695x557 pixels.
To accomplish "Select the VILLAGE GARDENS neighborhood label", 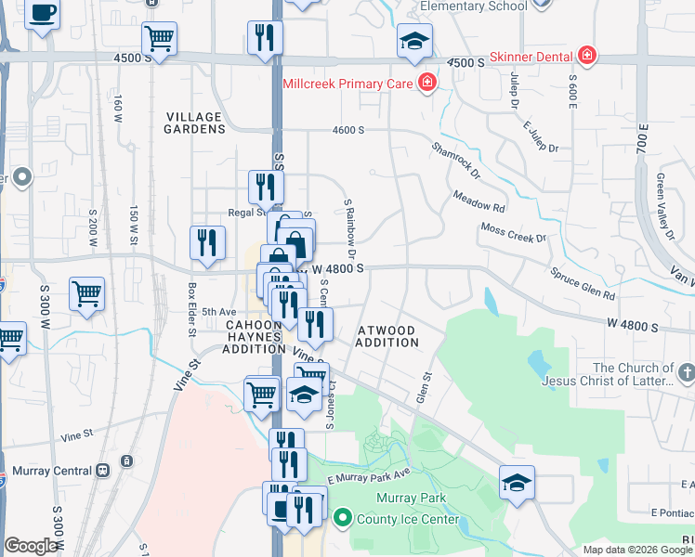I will (x=194, y=123).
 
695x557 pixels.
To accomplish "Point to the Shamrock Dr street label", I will (x=456, y=160).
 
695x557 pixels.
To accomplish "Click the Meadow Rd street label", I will (x=479, y=201).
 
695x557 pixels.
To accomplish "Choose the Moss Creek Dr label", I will (x=513, y=232).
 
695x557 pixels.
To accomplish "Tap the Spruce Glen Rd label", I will (x=584, y=284).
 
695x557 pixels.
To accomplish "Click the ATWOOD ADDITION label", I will (x=387, y=336).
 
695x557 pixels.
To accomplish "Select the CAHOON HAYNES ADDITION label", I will (x=254, y=336).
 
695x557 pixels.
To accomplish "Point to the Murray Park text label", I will (x=411, y=499).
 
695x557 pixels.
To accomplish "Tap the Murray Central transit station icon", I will (x=102, y=470).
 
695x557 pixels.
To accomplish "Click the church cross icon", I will (x=687, y=373).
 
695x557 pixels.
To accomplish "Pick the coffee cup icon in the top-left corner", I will (x=43, y=14).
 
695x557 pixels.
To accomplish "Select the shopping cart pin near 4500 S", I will (x=159, y=39).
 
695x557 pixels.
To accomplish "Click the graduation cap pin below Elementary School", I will (x=414, y=40).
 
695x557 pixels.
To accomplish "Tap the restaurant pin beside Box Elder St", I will (x=206, y=241).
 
